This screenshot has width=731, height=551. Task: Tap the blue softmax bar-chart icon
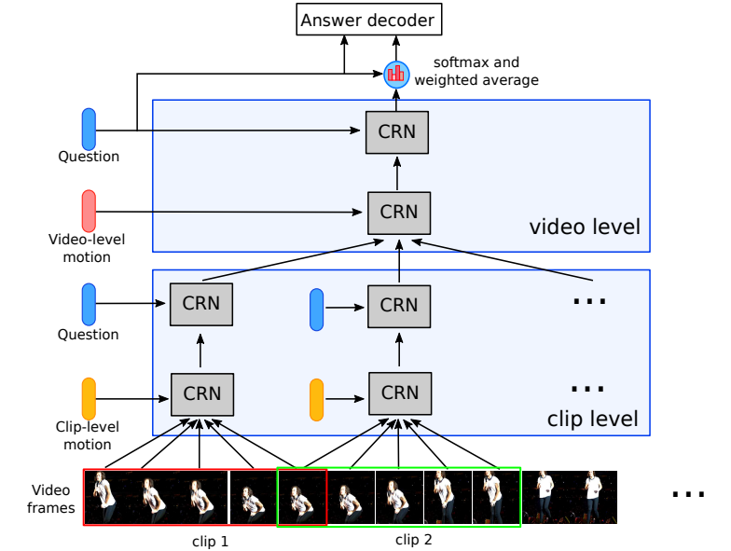397,73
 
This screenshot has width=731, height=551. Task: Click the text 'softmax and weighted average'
476,72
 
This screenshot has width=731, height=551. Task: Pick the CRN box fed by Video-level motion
399,212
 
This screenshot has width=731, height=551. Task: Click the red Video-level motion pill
89,211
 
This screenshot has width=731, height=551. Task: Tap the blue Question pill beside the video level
89,129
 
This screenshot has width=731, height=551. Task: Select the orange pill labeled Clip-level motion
89,398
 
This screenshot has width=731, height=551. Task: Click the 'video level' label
585,227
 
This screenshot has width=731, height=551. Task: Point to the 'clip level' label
593,420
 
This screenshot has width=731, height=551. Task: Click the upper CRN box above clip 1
200,305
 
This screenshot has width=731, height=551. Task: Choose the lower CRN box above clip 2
399,393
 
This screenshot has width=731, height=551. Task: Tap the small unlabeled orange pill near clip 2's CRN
316,399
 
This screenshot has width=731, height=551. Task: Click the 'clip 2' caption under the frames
414,538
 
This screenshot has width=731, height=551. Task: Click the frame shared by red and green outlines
302,497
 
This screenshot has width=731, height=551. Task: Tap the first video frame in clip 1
108,497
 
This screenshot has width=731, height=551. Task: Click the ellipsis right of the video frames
688,495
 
